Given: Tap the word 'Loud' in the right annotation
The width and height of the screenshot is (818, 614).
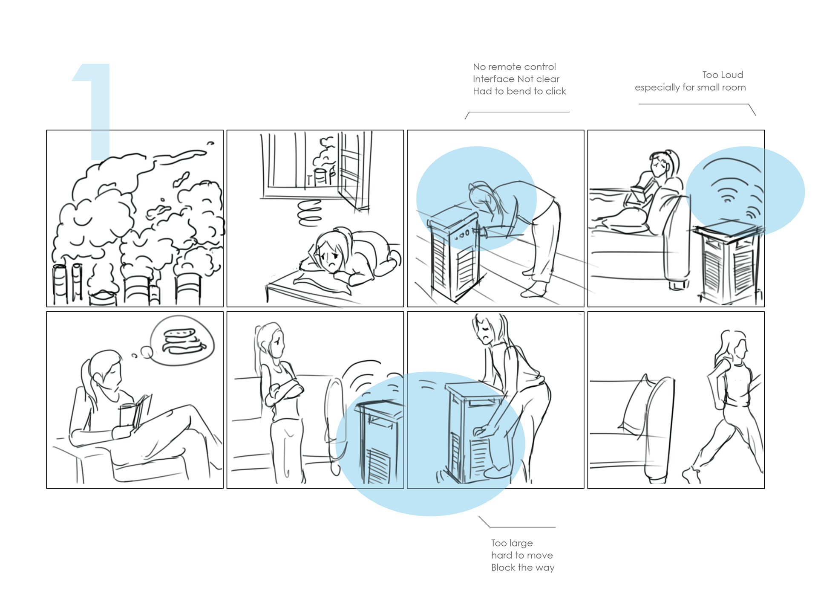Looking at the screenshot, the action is [732, 75].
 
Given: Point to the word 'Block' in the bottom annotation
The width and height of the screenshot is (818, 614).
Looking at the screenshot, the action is [503, 568].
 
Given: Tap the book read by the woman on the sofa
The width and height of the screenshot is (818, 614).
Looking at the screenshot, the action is [641, 191].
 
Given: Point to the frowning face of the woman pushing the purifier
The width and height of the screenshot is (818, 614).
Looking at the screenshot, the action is [485, 333].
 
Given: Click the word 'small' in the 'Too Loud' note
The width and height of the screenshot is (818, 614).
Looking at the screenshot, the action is [710, 87].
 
